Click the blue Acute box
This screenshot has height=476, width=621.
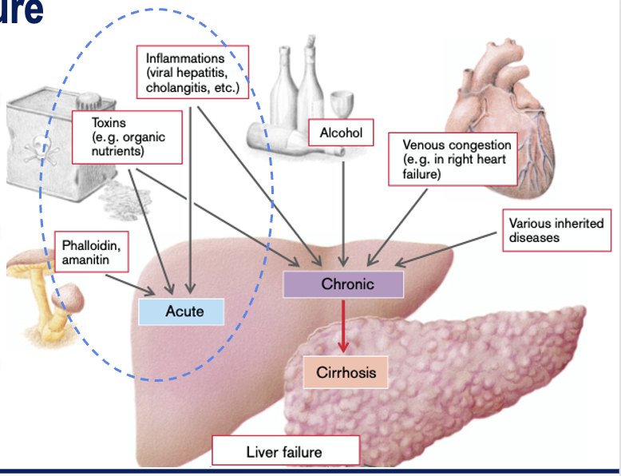pos(181,311)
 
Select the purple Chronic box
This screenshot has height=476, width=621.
pos(343,284)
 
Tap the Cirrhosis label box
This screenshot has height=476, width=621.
pos(346,373)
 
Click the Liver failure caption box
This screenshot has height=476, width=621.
pos(285,451)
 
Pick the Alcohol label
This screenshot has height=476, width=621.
pos(341,133)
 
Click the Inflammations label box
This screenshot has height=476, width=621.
pos(192,72)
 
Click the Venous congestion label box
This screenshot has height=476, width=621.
pos(453,160)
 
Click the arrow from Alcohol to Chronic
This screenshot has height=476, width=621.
pos(343,208)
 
